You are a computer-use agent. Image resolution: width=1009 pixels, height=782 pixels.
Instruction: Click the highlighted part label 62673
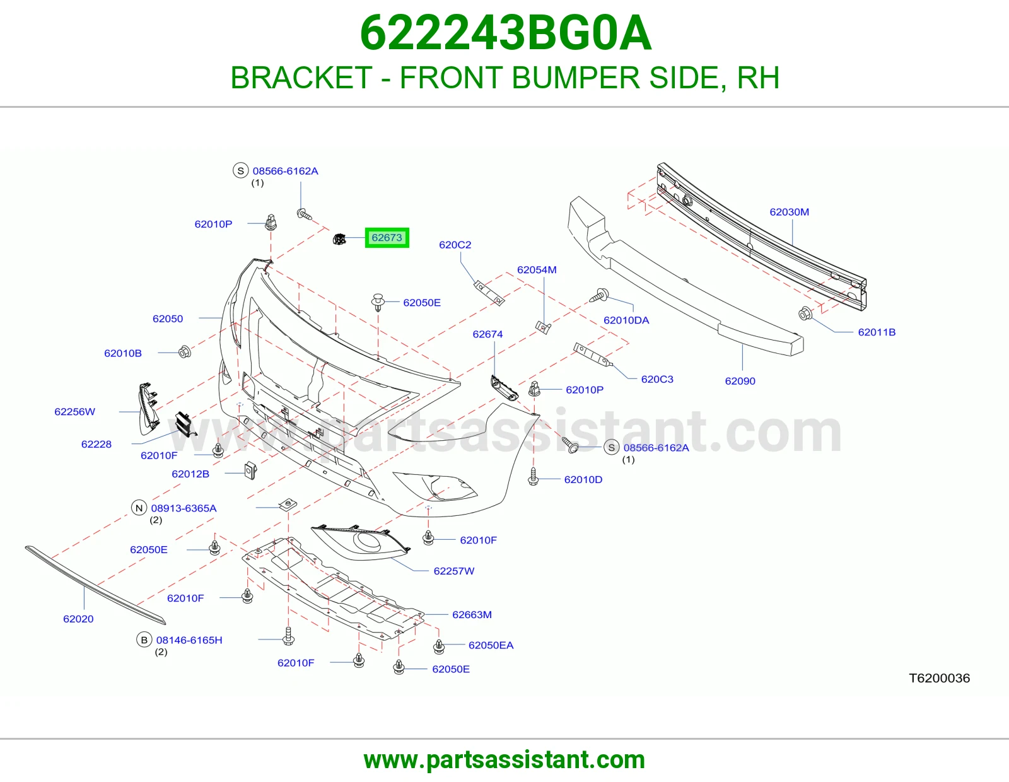[387, 238]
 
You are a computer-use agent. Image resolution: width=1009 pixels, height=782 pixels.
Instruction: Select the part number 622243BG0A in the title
[506, 33]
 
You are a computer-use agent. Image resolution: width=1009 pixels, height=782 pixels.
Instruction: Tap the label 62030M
[789, 212]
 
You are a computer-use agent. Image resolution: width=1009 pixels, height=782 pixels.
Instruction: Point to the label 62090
[740, 381]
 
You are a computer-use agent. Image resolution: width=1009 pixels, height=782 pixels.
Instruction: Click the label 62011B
[877, 332]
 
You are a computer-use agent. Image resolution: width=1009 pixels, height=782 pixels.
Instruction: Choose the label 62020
[78, 619]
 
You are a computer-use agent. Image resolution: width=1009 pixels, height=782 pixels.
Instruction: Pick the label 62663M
[472, 614]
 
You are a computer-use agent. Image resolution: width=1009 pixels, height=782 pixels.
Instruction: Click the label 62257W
[453, 571]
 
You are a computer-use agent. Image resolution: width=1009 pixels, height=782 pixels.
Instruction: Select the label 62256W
[74, 411]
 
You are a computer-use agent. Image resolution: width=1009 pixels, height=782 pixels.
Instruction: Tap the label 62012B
[190, 474]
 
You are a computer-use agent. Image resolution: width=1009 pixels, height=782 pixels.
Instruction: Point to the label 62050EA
[491, 645]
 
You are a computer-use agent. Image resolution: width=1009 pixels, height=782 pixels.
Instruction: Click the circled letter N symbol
[139, 508]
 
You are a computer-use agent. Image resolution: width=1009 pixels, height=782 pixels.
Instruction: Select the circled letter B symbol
[144, 639]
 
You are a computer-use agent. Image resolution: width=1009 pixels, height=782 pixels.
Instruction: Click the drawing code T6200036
[939, 678]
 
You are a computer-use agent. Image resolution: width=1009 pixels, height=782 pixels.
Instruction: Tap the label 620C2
[455, 245]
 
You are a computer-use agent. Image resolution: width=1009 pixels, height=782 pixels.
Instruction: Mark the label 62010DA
[626, 320]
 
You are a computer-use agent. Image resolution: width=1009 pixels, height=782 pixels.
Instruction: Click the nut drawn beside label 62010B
[184, 352]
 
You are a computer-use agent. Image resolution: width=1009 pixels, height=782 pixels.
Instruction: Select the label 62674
[487, 334]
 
